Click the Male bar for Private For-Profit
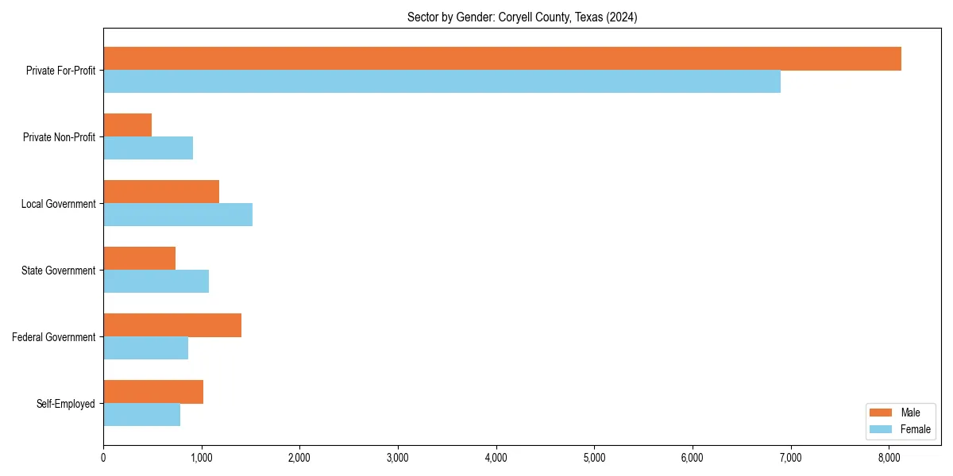[502, 59]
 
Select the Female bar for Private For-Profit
[442, 82]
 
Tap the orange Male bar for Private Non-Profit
[127, 125]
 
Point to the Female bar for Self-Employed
[141, 415]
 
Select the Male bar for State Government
[139, 259]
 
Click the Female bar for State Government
[156, 282]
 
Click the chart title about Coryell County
[522, 17]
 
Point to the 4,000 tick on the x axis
[496, 457]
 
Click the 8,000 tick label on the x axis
[889, 457]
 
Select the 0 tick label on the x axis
[103, 457]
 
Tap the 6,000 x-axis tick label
[693, 457]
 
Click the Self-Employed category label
[65, 404]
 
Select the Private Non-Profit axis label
[59, 137]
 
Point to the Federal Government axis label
[54, 337]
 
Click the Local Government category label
[58, 204]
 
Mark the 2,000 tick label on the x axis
[299, 457]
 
